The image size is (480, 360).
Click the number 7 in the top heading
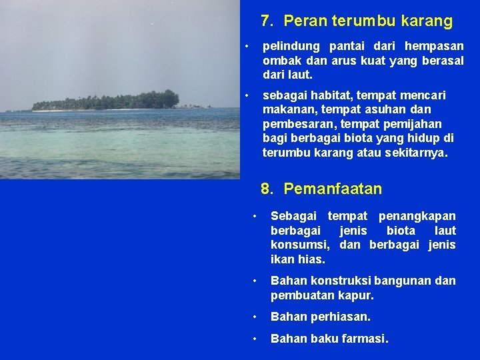(x=266, y=21)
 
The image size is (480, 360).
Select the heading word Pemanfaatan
(x=333, y=189)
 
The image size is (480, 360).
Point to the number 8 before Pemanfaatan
(x=266, y=189)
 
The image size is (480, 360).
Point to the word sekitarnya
(x=416, y=153)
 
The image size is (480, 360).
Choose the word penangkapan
(x=417, y=216)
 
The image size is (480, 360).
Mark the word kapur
(x=358, y=295)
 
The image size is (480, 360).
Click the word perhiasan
(x=346, y=317)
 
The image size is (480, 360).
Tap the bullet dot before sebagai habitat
(x=247, y=95)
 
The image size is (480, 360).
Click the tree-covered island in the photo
(x=107, y=100)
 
